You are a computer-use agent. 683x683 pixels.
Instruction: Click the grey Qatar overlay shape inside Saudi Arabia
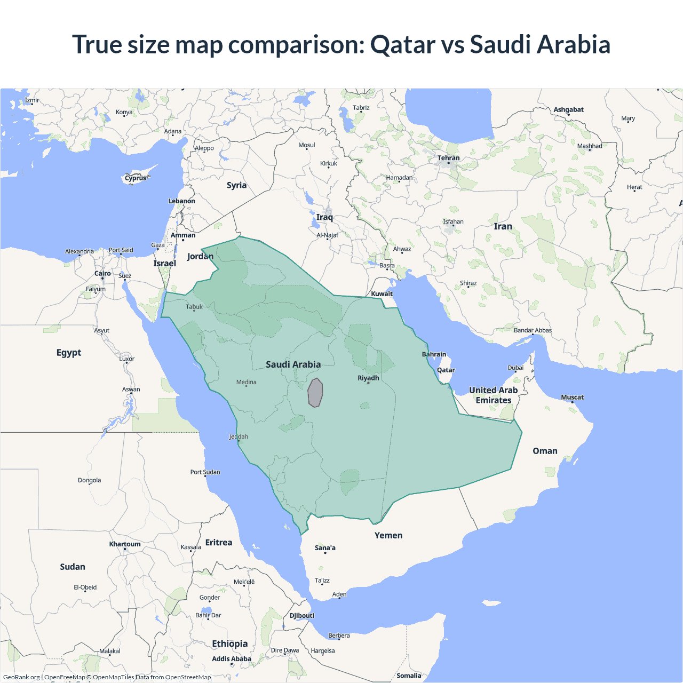[315, 393]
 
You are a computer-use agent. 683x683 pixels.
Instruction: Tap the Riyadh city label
[368, 378]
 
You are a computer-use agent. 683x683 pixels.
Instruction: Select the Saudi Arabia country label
[293, 364]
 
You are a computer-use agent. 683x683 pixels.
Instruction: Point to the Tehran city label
[448, 158]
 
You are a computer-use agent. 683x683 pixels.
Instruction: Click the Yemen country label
[388, 535]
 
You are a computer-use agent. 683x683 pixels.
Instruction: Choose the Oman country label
[545, 451]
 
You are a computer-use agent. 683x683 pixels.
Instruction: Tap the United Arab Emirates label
[494, 395]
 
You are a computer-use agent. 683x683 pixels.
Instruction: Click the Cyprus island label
[136, 178]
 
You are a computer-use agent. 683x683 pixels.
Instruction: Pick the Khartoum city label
[125, 544]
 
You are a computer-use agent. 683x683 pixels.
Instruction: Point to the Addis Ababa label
[231, 659]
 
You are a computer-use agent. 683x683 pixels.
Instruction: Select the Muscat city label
[572, 397]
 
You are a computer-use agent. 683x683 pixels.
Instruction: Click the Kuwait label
[382, 293]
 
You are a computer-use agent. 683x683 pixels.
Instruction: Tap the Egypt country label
[69, 353]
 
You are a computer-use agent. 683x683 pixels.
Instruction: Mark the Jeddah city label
[239, 436]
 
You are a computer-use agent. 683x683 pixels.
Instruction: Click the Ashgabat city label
[568, 109]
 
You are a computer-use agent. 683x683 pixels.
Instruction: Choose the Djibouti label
[302, 615]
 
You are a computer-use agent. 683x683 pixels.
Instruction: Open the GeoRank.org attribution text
[21, 677]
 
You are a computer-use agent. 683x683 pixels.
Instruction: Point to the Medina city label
[247, 382]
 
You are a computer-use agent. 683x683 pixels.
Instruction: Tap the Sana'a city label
[325, 547]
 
